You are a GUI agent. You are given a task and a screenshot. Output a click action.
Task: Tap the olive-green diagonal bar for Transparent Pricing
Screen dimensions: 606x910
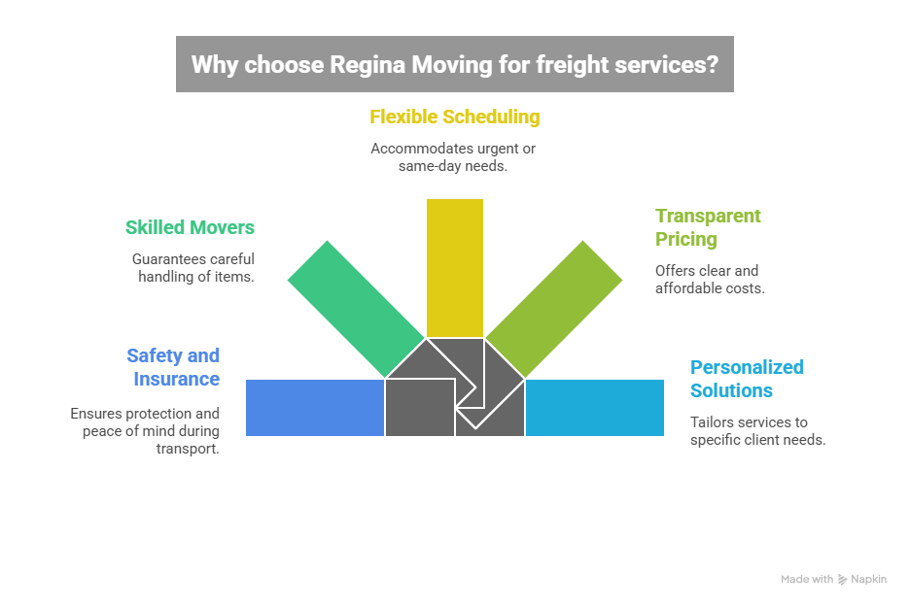click(x=554, y=307)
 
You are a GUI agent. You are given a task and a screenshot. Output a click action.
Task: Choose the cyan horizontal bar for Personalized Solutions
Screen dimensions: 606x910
click(x=595, y=408)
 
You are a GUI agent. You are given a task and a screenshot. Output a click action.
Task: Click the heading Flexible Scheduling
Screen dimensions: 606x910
click(x=454, y=118)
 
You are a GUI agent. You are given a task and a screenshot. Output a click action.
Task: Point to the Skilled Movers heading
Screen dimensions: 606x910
click(x=190, y=228)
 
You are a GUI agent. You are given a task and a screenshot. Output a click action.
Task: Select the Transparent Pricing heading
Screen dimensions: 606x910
click(x=708, y=227)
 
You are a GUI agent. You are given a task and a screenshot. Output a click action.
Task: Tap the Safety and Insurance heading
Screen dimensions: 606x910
click(x=174, y=367)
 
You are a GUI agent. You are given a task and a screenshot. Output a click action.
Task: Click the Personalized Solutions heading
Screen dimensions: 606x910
click(x=747, y=379)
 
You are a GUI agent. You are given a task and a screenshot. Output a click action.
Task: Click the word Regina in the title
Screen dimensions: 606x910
click(x=369, y=65)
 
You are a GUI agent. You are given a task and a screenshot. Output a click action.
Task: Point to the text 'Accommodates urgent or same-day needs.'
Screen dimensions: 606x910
click(x=453, y=157)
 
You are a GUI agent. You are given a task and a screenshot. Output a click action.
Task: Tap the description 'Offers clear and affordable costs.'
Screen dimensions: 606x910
click(x=710, y=280)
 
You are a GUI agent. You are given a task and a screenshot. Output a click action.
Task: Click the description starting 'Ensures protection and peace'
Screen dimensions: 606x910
click(x=146, y=430)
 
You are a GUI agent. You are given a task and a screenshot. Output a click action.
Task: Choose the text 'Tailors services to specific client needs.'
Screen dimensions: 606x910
click(x=757, y=430)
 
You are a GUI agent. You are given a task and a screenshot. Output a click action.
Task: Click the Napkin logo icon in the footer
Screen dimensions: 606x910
click(x=842, y=580)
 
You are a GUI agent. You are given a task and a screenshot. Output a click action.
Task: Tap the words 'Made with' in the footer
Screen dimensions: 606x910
click(x=807, y=580)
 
